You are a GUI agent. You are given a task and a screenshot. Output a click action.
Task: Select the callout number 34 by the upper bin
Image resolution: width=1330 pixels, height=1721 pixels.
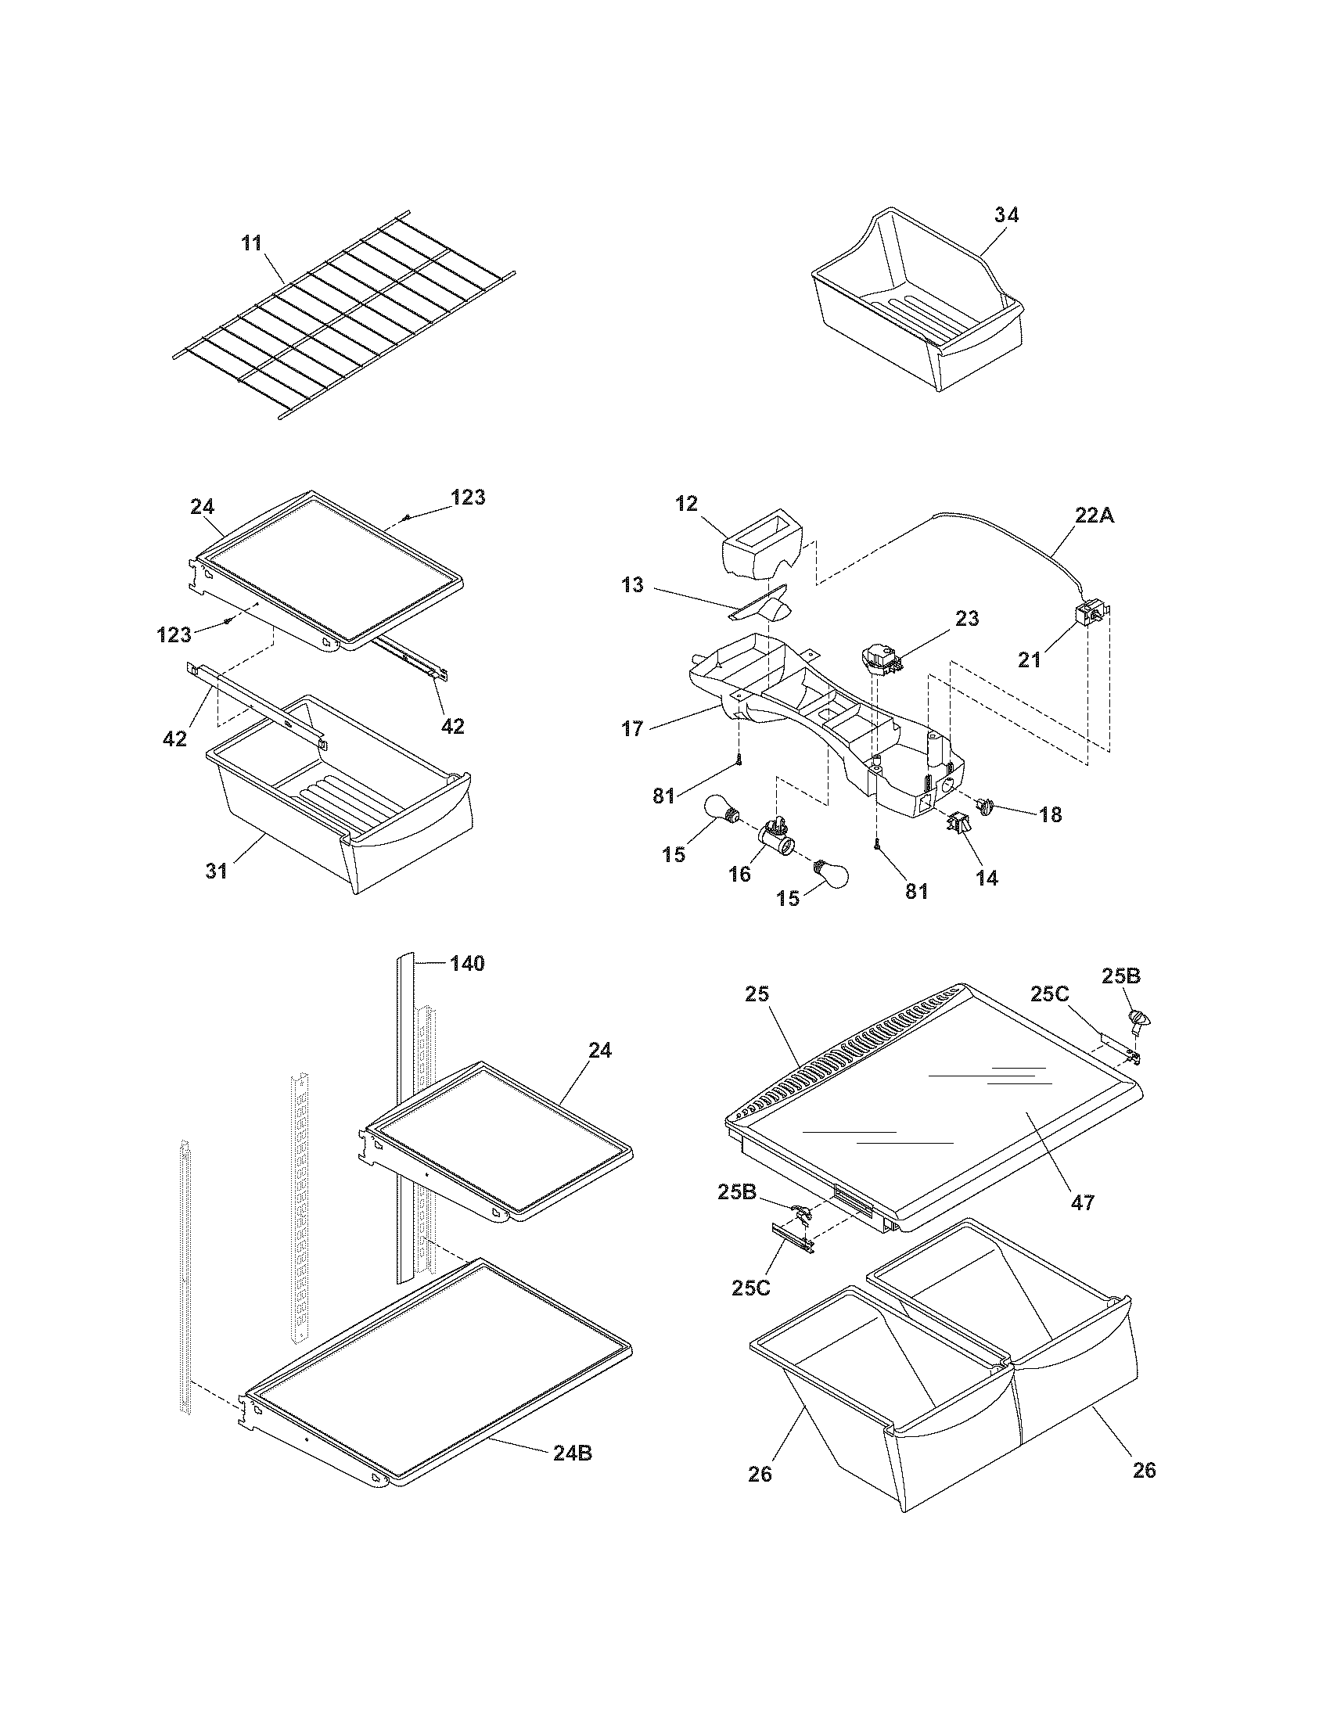pos(1005,214)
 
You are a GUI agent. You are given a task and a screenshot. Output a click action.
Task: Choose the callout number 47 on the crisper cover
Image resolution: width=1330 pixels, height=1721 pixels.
pos(1083,1202)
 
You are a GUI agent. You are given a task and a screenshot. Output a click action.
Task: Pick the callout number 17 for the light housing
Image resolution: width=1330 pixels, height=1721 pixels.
pos(632,728)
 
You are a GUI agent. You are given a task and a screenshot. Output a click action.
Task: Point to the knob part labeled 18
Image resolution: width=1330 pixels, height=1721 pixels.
pos(984,804)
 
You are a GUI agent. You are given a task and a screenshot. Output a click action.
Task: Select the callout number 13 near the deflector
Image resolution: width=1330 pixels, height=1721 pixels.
pos(632,584)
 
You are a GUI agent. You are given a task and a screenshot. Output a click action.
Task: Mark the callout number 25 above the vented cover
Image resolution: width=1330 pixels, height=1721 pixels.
pos(757,994)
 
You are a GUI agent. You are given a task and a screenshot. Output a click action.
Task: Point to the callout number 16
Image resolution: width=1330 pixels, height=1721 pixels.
pos(739,875)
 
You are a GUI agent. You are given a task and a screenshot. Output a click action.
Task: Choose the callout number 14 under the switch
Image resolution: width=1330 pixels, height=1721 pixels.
pos(987,878)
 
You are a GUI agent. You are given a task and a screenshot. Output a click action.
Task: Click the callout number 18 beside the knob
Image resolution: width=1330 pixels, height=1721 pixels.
pos(1050,814)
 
